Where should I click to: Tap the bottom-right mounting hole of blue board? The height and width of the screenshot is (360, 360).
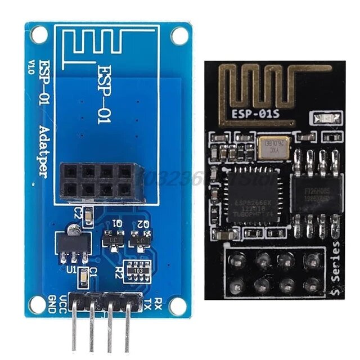pyautogui.click(x=179, y=307)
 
